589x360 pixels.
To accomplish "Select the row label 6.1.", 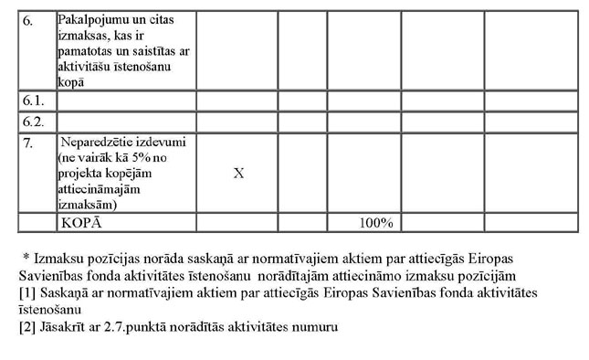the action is (33, 100).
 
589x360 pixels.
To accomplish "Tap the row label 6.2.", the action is (33, 121).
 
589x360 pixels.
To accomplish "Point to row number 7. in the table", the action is (28, 143).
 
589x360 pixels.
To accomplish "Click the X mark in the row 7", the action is (238, 173).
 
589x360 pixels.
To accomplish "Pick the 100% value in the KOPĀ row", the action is (375, 223).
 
